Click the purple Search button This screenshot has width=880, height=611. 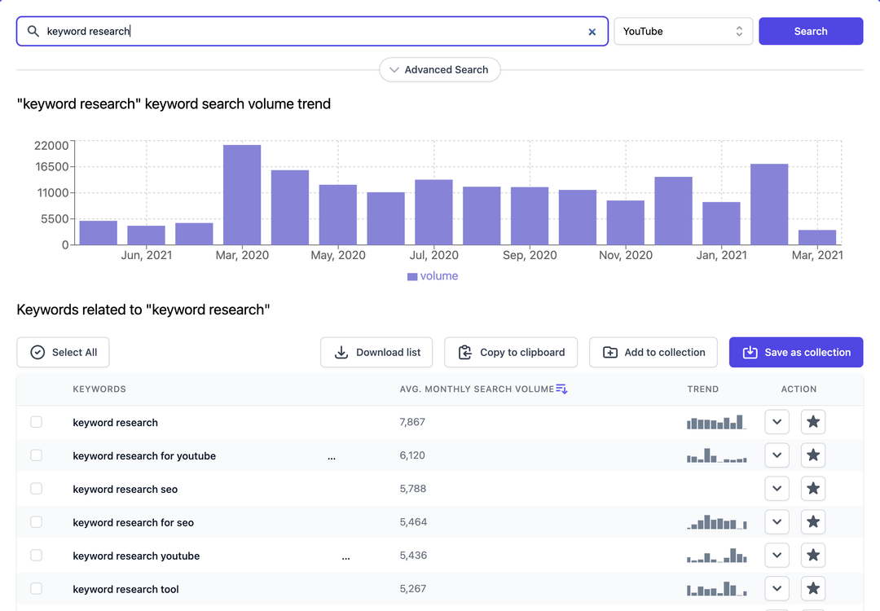811,31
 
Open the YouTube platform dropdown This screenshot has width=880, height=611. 683,31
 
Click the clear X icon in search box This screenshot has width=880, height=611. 592,32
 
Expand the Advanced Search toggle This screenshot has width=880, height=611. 439,70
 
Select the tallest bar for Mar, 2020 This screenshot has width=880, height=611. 242,195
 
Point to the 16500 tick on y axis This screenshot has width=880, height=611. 51,167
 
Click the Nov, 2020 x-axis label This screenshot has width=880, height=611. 625,255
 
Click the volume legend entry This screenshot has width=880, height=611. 433,276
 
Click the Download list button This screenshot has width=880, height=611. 376,352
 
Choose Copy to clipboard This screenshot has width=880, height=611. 511,352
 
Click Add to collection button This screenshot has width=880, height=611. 653,352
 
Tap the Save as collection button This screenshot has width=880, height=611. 796,352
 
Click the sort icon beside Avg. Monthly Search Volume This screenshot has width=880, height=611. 561,389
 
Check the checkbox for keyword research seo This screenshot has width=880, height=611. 36,489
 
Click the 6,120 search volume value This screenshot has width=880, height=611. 412,455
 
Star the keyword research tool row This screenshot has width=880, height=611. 813,589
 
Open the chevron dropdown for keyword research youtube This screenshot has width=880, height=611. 777,556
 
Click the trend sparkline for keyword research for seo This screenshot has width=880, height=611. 717,522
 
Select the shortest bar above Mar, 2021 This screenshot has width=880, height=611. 817,237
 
